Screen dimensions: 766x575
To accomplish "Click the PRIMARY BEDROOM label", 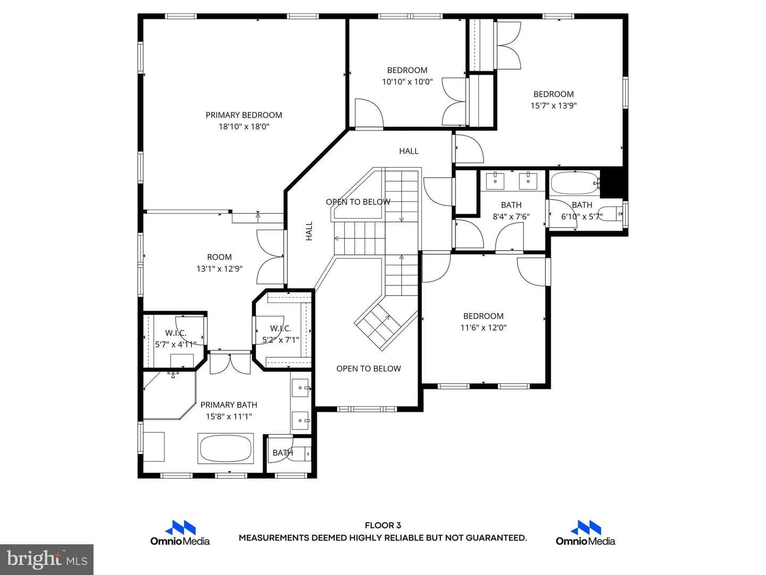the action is (x=244, y=115).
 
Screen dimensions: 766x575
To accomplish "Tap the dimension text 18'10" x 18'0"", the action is (x=244, y=126).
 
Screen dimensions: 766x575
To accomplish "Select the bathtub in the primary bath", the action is (x=226, y=449).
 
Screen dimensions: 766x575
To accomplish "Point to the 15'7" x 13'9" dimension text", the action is (x=553, y=105).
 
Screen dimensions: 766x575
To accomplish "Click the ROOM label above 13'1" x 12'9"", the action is (x=219, y=257).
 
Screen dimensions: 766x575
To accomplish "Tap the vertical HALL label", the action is (x=309, y=231).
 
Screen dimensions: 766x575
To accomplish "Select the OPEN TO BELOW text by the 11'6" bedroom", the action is (x=369, y=368).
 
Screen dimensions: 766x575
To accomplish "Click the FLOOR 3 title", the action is (x=383, y=525).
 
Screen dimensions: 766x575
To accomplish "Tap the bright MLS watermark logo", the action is (x=47, y=559).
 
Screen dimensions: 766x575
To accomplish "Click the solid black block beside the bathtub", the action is (x=613, y=184).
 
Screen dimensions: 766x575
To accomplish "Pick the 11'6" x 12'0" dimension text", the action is (x=484, y=327).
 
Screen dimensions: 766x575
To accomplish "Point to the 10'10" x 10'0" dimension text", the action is (x=407, y=81).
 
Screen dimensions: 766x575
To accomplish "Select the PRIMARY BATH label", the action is (x=229, y=405).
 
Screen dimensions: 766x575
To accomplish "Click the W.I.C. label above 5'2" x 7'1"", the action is (x=280, y=328).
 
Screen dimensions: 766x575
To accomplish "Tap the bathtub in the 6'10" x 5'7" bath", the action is (x=574, y=183).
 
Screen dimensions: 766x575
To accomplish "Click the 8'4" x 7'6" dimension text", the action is (x=511, y=217).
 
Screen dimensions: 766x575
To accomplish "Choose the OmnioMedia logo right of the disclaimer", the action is (x=585, y=533).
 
